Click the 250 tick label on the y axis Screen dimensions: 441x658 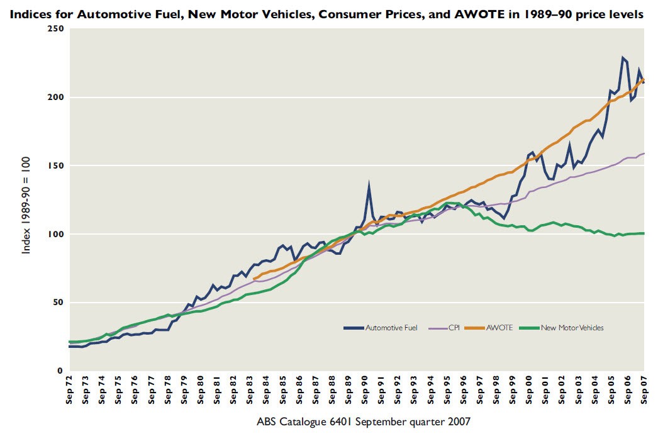click(56, 29)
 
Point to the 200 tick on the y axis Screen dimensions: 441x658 click(56, 98)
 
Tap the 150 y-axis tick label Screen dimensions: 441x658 click(56, 165)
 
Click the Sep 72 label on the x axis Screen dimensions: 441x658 click(69, 393)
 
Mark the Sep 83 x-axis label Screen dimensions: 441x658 click(250, 393)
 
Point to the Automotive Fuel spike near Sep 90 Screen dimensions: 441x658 click(369, 184)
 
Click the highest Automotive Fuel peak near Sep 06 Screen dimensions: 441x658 click(622, 58)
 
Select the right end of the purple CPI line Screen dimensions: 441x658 click(644, 154)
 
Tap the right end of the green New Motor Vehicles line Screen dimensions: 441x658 click(644, 233)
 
